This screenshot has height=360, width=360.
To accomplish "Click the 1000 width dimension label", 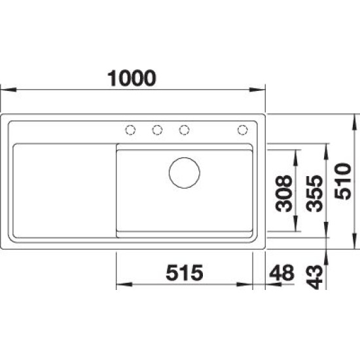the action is pos(132,79).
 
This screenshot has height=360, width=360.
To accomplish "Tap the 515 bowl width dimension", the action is pos(185,273).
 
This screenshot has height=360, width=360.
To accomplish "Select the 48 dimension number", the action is pos(281,273).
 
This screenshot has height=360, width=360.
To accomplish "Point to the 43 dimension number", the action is pos(315,277).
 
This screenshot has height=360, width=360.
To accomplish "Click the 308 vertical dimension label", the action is pos(284,194).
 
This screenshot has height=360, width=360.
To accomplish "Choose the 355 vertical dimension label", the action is pos(315,194).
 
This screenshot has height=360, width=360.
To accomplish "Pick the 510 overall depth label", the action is pos(343,181).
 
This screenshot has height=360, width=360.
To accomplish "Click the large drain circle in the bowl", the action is pos(185,173).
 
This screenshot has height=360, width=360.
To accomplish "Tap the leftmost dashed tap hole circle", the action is pos(130,130).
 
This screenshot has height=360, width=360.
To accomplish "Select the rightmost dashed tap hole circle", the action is pos(242,130).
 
